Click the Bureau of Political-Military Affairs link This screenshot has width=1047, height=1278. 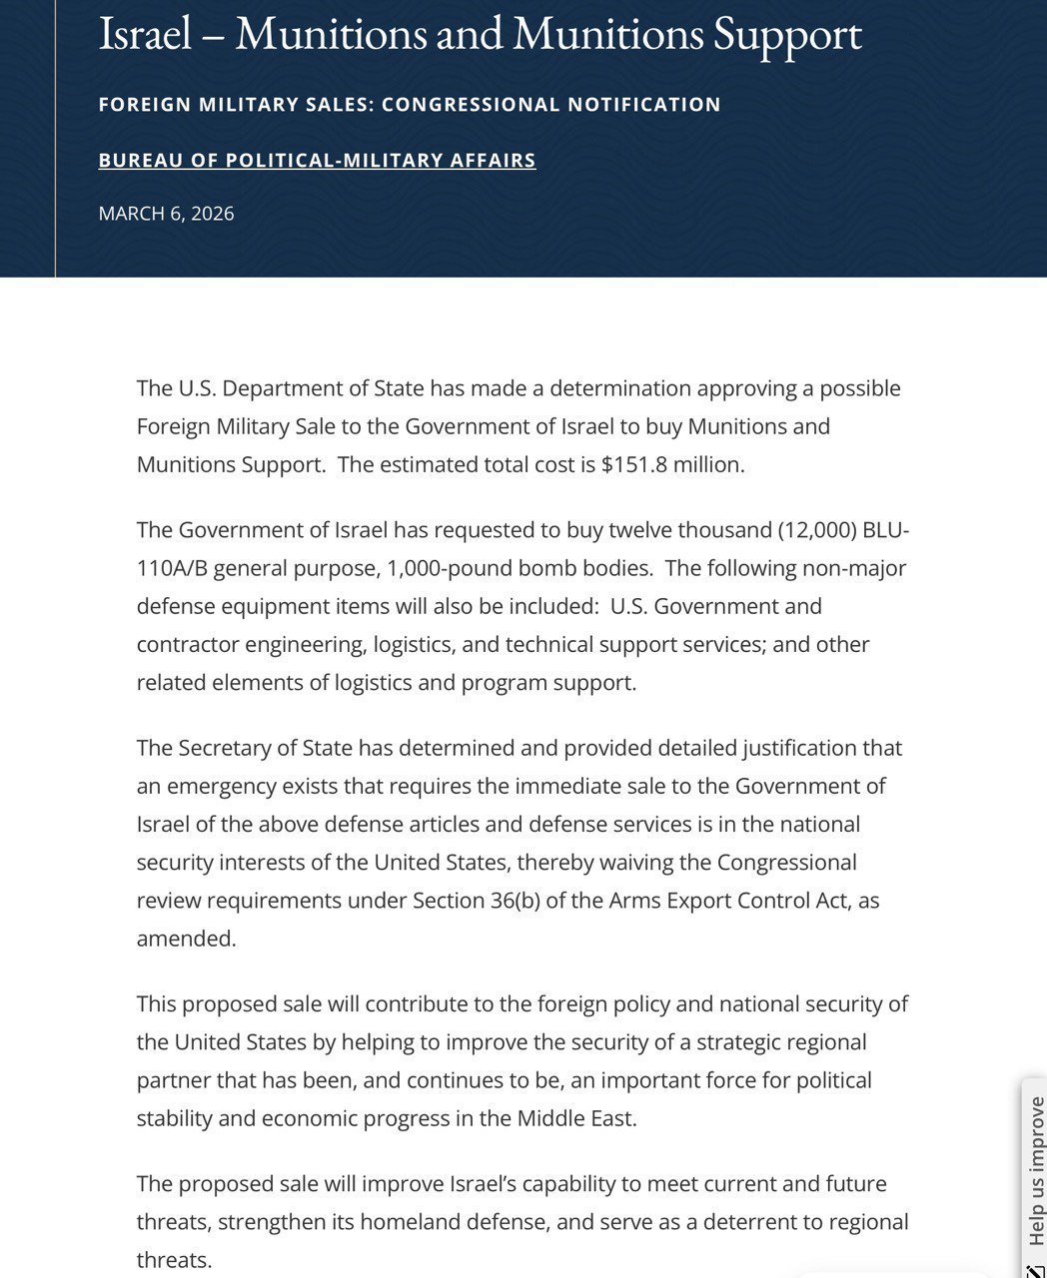coord(317,160)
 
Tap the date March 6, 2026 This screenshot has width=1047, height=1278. coord(166,213)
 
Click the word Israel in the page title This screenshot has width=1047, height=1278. coord(145,35)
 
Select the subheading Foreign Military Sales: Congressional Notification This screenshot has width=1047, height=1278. coord(410,104)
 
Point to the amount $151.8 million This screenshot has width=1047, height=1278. coord(671,464)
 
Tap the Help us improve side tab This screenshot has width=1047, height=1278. coord(1035,1168)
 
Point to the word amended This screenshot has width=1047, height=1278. coord(185,938)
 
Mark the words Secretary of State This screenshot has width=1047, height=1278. coord(266,748)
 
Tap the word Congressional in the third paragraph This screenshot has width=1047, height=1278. coord(786,862)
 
